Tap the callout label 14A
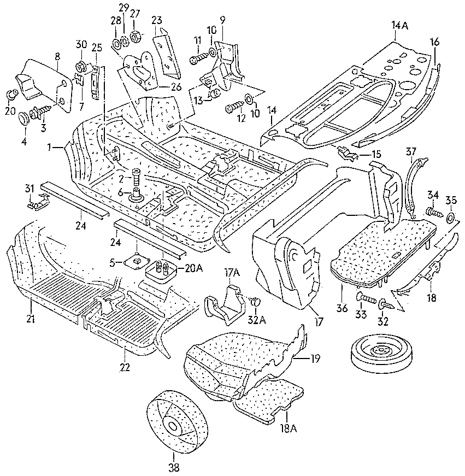399,25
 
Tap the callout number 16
434,42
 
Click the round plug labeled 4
25,118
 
